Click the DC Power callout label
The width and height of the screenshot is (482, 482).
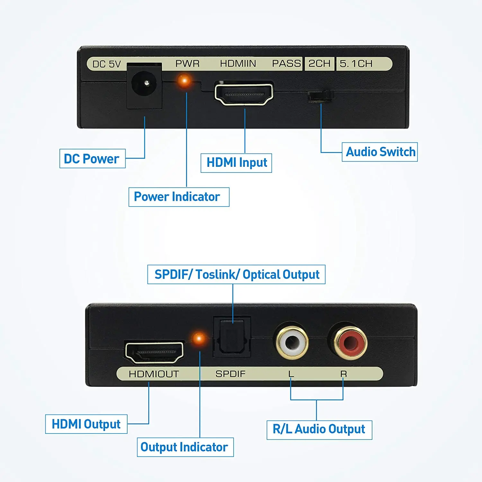pyautogui.click(x=92, y=158)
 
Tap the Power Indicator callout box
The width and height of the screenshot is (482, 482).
pyautogui.click(x=179, y=197)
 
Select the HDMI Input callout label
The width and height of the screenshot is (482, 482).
pyautogui.click(x=236, y=163)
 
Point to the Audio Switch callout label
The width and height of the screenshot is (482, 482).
pyautogui.click(x=380, y=152)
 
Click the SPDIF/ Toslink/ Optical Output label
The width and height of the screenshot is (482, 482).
pyautogui.click(x=236, y=274)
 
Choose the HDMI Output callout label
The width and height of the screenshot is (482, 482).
pyautogui.click(x=86, y=424)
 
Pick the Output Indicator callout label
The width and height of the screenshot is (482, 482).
pyautogui.click(x=185, y=447)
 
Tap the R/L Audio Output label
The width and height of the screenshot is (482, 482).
pyautogui.click(x=319, y=429)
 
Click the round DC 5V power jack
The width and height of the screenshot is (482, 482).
pyautogui.click(x=145, y=84)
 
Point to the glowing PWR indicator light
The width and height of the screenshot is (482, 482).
pyautogui.click(x=185, y=80)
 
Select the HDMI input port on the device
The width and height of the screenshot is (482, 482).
pyautogui.click(x=244, y=94)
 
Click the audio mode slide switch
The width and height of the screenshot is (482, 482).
pyautogui.click(x=320, y=96)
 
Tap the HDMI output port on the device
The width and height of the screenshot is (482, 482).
pyautogui.click(x=154, y=353)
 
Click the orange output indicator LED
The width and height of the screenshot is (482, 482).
pyautogui.click(x=199, y=338)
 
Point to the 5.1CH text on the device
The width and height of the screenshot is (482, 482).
pyautogui.click(x=356, y=64)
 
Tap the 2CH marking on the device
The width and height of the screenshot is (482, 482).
pyautogui.click(x=319, y=63)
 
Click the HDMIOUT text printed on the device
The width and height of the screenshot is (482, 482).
pyautogui.click(x=154, y=374)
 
